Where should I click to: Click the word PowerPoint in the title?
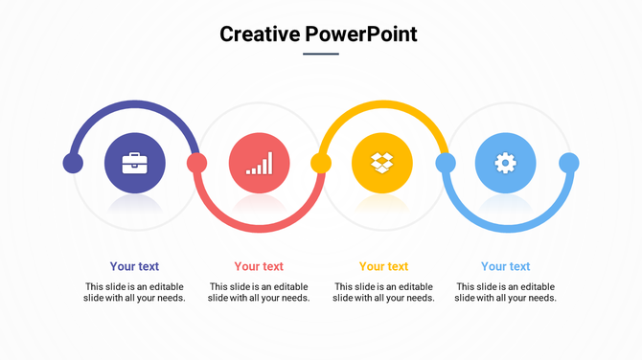coord(361,34)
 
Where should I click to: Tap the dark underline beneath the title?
coord(321,54)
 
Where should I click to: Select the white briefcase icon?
coord(134,163)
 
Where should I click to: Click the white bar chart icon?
coord(259,163)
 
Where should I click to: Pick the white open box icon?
coord(382,163)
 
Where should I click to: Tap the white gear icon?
coord(505,163)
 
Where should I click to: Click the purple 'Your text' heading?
coord(134,266)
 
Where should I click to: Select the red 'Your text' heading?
coord(259,266)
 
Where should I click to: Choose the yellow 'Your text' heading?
coord(383,266)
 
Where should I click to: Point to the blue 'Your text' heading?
coord(505,266)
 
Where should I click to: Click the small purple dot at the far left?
coord(73,163)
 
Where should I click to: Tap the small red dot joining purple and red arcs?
coord(196,163)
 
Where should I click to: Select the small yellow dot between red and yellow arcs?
coord(320,163)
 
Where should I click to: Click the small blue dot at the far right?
coord(569,163)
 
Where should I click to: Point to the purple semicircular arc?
coord(134,104)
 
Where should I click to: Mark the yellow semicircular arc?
coord(382,104)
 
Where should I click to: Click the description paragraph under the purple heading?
coord(134,292)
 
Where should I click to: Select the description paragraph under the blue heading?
coord(505,292)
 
